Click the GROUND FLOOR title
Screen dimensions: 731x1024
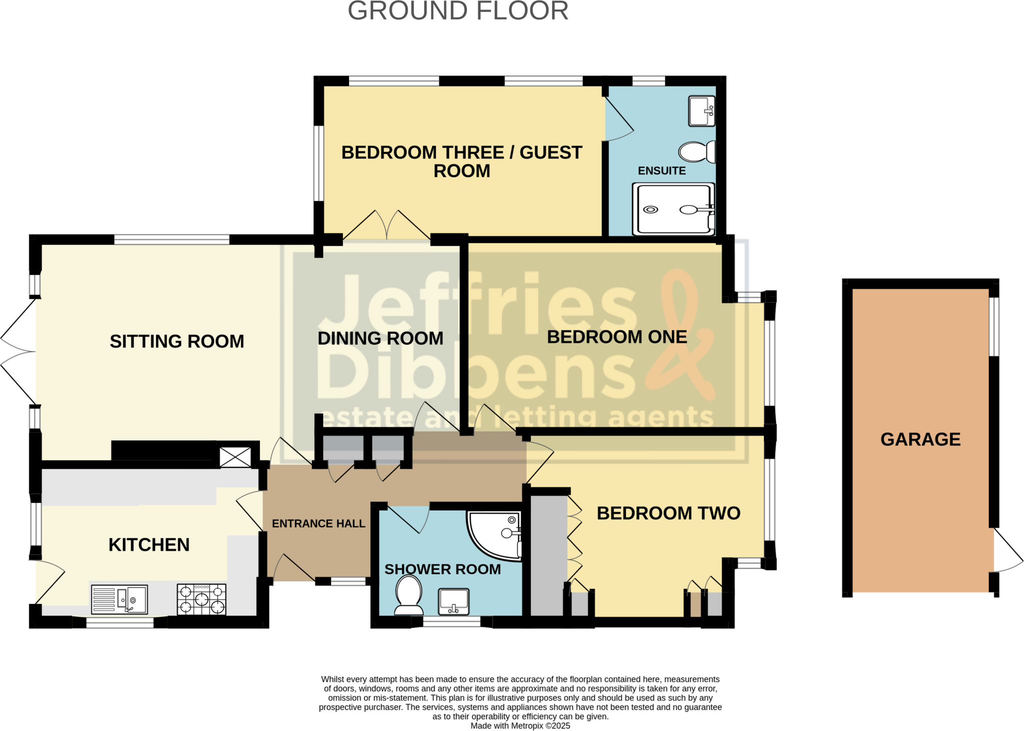click(458, 11)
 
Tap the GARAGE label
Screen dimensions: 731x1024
click(920, 439)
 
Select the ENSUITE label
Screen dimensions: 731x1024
click(661, 171)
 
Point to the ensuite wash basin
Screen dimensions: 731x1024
click(701, 111)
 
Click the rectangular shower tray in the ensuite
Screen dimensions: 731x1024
click(674, 209)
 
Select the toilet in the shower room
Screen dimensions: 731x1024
click(408, 594)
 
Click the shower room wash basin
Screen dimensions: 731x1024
click(453, 601)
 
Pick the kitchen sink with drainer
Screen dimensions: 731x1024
click(119, 599)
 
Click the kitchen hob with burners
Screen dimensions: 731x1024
click(201, 599)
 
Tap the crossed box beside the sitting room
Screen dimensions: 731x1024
click(235, 457)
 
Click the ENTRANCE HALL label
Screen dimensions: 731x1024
click(318, 523)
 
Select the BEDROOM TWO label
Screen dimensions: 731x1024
click(668, 513)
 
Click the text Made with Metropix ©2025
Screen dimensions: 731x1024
click(520, 725)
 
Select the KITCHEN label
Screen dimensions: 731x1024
click(149, 544)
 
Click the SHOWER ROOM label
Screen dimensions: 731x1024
click(442, 569)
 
